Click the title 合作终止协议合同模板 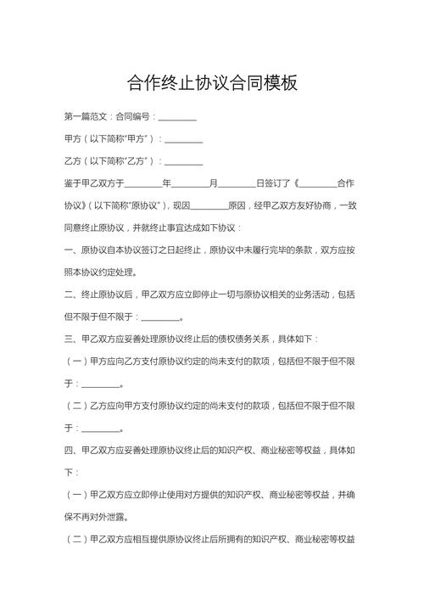(212, 82)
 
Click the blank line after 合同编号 (177, 115)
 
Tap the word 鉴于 (73, 183)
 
